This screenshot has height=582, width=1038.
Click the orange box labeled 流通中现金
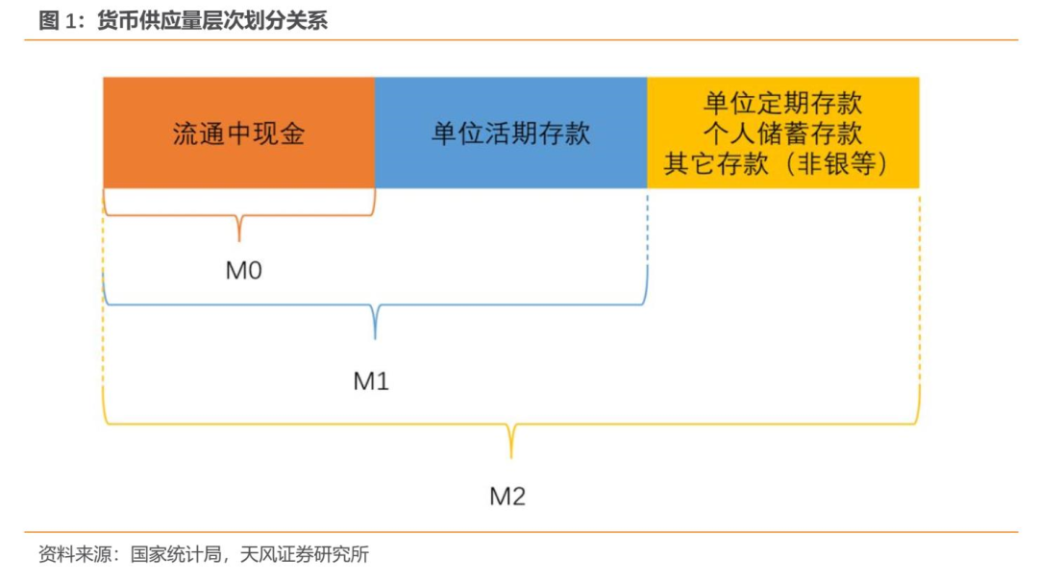[239, 133]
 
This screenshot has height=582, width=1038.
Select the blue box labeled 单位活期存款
[511, 133]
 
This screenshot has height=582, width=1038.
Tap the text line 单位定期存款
[783, 103]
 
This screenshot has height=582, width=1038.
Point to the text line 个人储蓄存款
[783, 133]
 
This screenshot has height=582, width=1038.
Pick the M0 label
[243, 270]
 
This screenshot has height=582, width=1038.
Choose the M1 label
[371, 381]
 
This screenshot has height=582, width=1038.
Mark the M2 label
[507, 496]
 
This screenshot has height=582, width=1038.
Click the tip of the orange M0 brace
[239, 241]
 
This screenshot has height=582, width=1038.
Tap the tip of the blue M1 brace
[376, 339]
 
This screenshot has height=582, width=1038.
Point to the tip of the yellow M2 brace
[511, 458]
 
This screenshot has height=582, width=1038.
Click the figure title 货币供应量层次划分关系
[212, 20]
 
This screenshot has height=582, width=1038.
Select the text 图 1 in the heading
[59, 20]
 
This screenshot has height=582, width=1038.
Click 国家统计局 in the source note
[176, 554]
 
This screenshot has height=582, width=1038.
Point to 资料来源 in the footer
[75, 554]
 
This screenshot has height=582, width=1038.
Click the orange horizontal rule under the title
[521, 39]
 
